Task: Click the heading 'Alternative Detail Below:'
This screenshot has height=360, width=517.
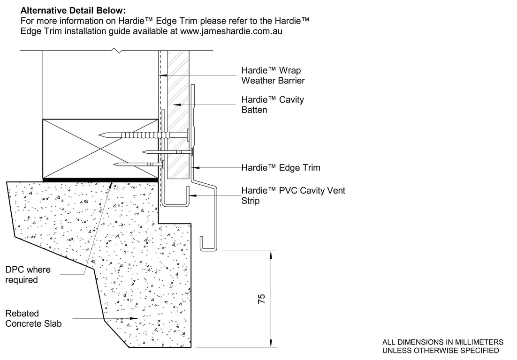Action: [x=73, y=10]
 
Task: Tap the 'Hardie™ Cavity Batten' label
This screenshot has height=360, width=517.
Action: [x=273, y=105]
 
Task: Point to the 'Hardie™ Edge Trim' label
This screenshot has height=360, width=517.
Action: [x=281, y=167]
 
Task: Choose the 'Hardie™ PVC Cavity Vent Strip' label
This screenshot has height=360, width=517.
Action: [x=293, y=195]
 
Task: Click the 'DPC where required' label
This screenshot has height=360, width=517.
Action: [x=28, y=275]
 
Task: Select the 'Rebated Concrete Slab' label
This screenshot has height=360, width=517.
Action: [x=33, y=318]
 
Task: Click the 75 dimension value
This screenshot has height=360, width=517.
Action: [x=262, y=299]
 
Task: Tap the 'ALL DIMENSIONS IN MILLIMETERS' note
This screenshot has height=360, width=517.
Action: [x=443, y=342]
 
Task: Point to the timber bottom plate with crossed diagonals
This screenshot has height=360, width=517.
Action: [x=100, y=149]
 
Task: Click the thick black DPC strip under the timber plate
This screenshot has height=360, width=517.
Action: [x=100, y=179]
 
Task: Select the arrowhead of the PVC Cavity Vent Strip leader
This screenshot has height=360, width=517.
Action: [x=189, y=195]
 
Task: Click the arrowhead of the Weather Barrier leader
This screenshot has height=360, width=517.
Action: [x=160, y=75]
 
